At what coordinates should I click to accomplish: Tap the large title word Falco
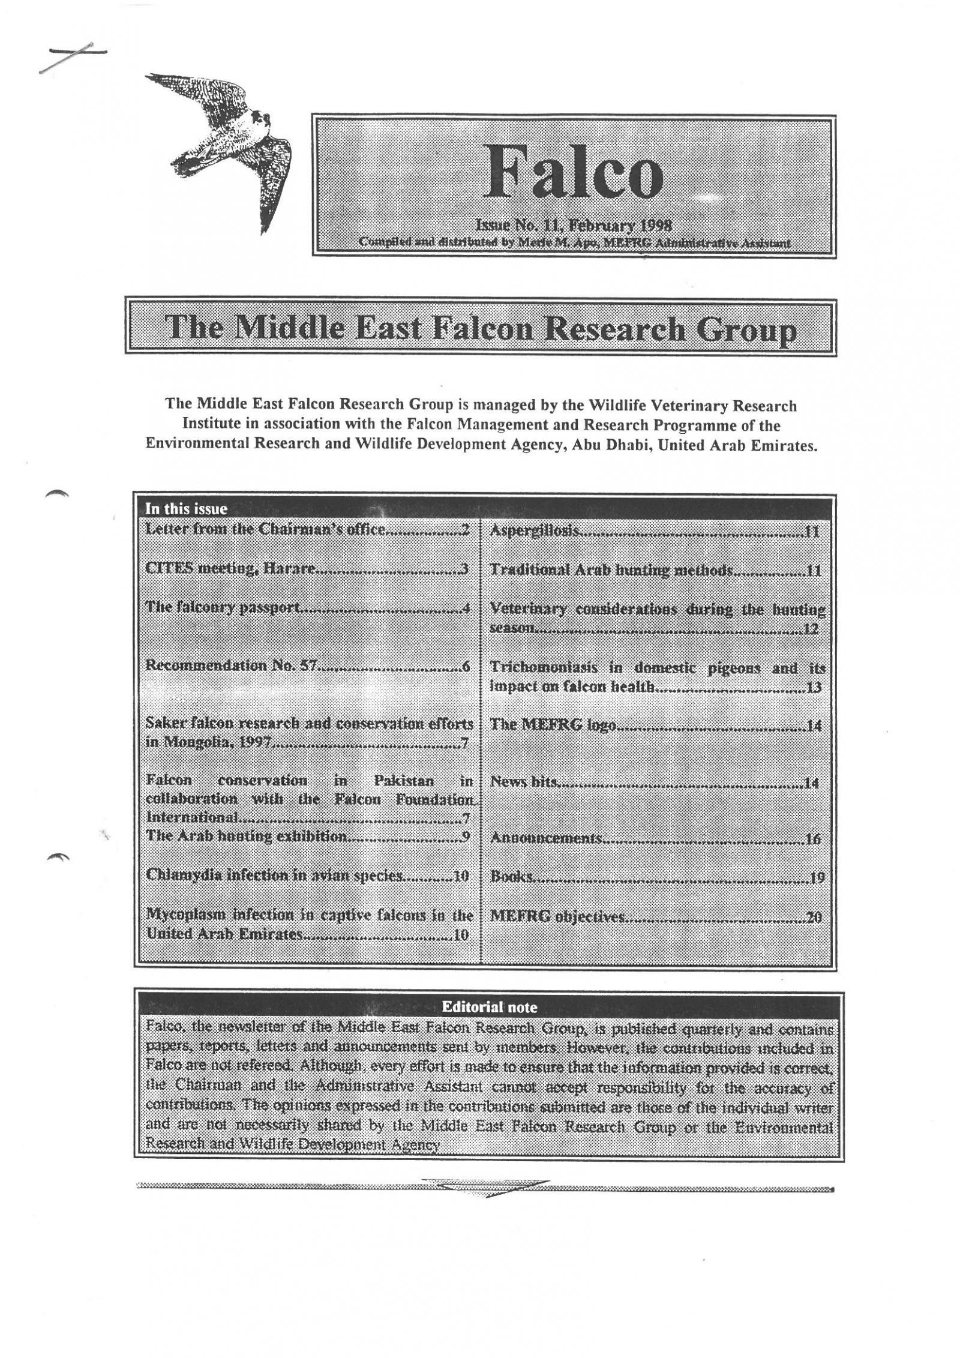click(574, 173)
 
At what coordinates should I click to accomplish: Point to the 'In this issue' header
click(186, 509)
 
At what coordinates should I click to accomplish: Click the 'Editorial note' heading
click(489, 1007)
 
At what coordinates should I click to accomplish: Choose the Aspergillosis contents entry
click(535, 531)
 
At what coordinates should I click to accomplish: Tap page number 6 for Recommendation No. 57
click(466, 666)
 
